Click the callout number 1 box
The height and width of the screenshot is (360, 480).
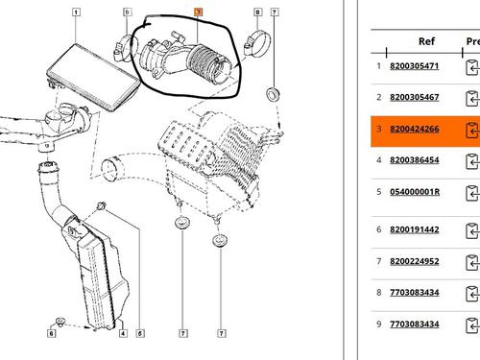coord(76,12)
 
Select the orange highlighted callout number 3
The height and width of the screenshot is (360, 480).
coord(199,12)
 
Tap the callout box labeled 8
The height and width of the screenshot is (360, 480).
coord(258,12)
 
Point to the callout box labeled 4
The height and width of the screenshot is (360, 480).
coord(123,333)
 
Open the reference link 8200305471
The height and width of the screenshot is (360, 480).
coord(415,66)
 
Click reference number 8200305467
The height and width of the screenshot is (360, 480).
coord(415,97)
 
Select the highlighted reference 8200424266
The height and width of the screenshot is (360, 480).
coord(415,129)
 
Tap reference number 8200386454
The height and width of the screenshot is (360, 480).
coord(415,160)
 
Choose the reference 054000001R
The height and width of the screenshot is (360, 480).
coord(415,192)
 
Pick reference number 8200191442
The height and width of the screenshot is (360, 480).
coord(415,229)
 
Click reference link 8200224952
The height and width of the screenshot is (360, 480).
coord(415,261)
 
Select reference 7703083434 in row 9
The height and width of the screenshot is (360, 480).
coord(415,324)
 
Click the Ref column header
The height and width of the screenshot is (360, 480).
coord(426,41)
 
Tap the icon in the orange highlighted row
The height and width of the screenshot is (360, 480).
coord(472,131)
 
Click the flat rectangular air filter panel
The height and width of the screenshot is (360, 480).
coord(93,78)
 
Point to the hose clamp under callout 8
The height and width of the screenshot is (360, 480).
coord(257,44)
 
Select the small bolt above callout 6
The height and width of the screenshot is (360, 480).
coord(60,321)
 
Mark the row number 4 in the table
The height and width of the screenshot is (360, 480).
coord(379,160)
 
